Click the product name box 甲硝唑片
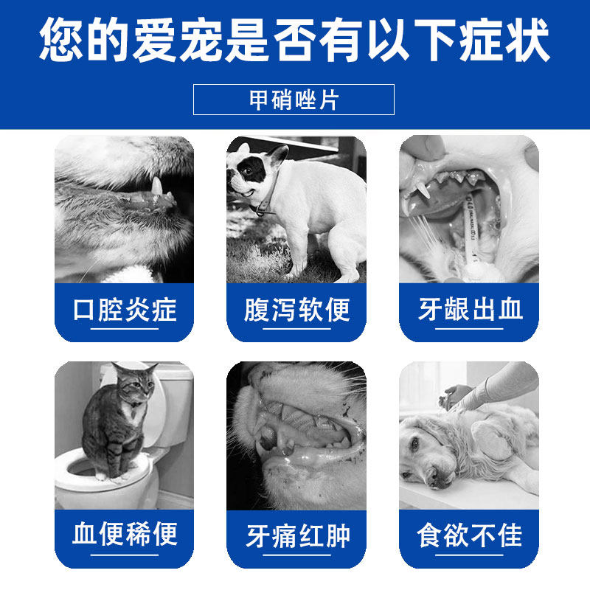[294, 100]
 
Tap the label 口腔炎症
[125, 310]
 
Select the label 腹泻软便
[296, 310]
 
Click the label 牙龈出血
[469, 310]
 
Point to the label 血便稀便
[125, 534]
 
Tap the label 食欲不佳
[469, 535]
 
